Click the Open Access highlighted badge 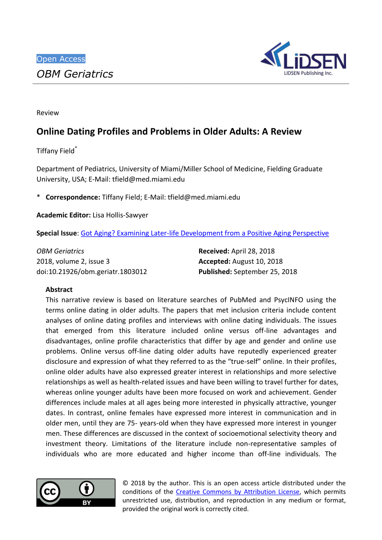pyautogui.click(x=61, y=59)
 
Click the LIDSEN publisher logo pyautogui.click(x=303, y=59)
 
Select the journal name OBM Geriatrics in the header pyautogui.click(x=75, y=74)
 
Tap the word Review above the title pyautogui.click(x=48, y=113)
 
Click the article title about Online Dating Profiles pyautogui.click(x=169, y=132)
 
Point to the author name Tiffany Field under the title pyautogui.click(x=55, y=151)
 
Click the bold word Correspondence pyautogui.click(x=73, y=197)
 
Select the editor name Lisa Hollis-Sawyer pyautogui.click(x=120, y=215)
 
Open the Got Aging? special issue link pyautogui.click(x=204, y=233)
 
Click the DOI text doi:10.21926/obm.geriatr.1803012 pyautogui.click(x=92, y=271)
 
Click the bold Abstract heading pyautogui.click(x=59, y=289)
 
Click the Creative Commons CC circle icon pyautogui.click(x=50, y=492)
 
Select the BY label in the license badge pyautogui.click(x=87, y=503)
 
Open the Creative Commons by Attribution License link pyautogui.click(x=237, y=491)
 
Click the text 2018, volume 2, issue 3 pyautogui.click(x=73, y=261)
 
